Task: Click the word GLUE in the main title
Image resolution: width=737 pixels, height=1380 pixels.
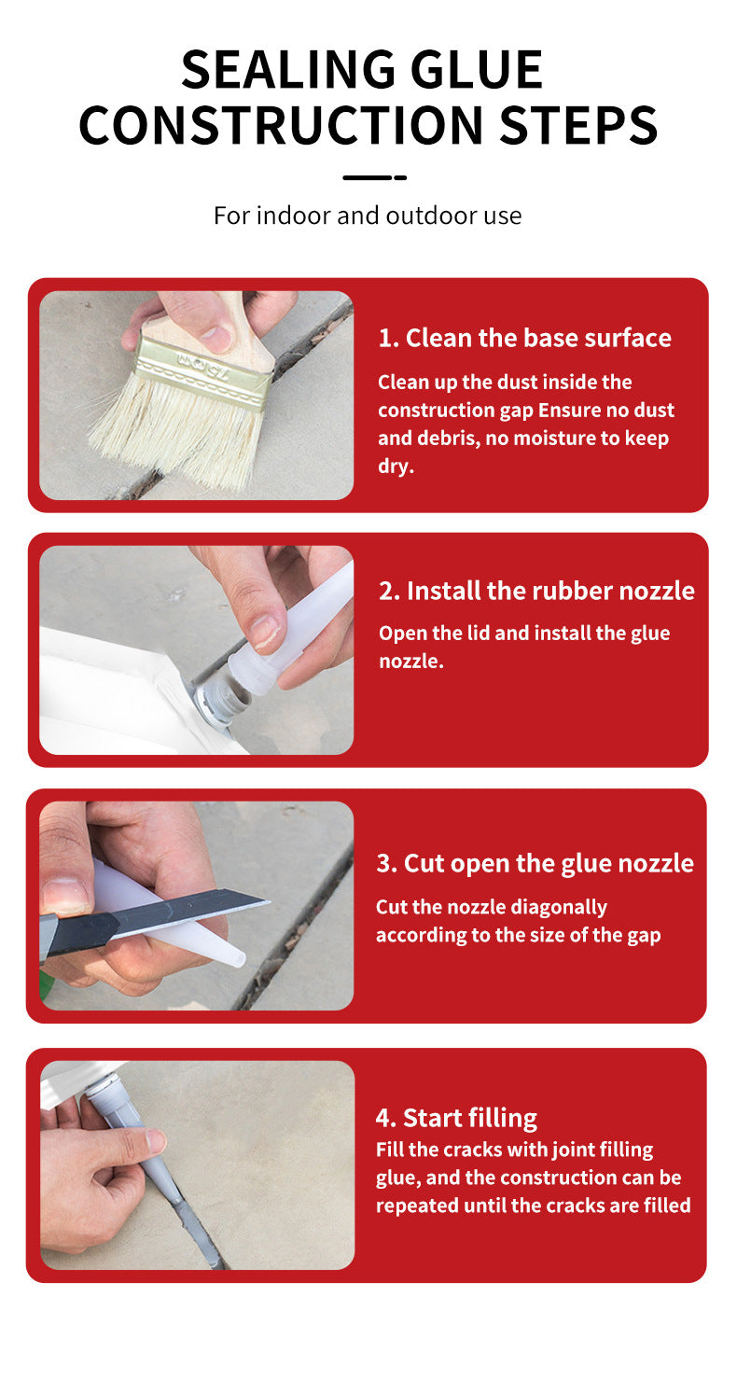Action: click(477, 70)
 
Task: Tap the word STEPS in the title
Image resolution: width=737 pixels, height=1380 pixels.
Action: click(578, 126)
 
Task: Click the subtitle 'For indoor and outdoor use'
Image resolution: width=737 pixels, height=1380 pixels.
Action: click(368, 216)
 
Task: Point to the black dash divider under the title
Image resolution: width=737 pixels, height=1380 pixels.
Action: click(374, 177)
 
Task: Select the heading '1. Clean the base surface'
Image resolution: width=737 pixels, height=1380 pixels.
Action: click(524, 338)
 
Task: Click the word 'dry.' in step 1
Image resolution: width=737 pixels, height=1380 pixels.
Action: click(396, 467)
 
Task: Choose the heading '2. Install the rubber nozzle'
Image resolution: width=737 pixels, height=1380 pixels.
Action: click(536, 591)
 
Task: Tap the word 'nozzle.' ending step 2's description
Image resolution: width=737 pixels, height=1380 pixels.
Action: click(411, 661)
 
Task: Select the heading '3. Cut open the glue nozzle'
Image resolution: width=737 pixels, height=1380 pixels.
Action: click(535, 864)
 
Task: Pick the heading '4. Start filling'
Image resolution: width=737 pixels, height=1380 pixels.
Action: click(456, 1118)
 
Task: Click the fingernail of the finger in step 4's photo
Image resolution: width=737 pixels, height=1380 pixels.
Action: click(156, 1141)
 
